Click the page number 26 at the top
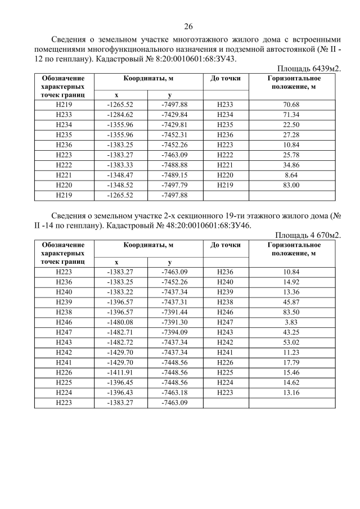(x=188, y=26)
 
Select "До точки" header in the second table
(x=225, y=245)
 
